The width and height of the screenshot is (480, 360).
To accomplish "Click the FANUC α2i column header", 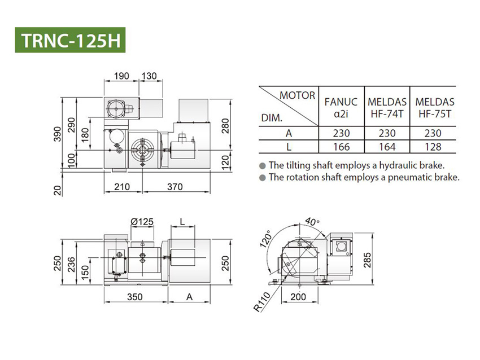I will coord(341,107).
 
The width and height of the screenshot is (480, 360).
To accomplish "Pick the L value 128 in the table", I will coord(434,147).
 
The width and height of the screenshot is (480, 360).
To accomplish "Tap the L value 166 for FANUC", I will coord(341,147).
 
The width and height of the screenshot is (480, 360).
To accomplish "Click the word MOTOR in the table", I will coord(297,95).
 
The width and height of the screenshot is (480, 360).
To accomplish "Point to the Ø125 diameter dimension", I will coord(142,222).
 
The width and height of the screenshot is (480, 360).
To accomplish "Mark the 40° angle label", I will coord(312,221).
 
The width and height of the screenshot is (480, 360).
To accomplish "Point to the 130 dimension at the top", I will coord(149,76).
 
